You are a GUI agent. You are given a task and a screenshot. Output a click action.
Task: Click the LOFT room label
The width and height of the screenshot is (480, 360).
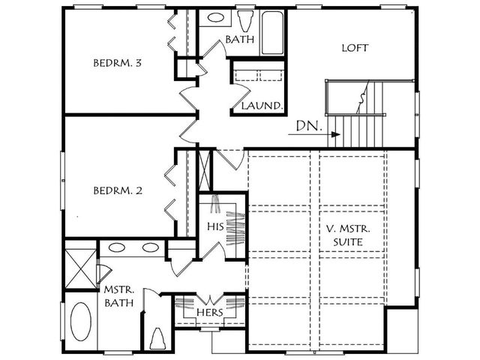pos(355,48)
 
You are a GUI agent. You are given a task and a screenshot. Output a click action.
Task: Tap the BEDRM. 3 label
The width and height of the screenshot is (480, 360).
pos(117,63)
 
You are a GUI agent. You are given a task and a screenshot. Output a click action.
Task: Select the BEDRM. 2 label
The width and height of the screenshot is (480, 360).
pos(118,190)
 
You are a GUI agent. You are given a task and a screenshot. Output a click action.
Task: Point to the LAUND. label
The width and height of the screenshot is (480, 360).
pos(261,106)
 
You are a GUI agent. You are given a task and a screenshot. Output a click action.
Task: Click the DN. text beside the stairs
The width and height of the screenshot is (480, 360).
pos(309,126)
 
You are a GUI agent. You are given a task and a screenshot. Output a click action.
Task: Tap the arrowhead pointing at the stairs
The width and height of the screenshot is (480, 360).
pos(337,134)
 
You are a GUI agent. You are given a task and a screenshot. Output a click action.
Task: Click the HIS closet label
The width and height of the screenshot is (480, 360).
pos(215,226)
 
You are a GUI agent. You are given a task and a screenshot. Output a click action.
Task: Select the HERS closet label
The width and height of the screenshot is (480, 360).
pos(210,313)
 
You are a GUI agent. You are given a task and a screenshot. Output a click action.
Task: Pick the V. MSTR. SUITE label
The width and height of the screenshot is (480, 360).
pos(348,235)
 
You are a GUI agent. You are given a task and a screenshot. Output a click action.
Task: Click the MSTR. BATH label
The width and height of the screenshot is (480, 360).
pos(119,296)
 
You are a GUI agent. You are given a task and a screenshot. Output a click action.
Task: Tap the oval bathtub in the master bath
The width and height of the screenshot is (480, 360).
pos(81,322)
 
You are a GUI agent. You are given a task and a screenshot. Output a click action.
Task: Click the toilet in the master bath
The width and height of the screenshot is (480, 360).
pos(158,338)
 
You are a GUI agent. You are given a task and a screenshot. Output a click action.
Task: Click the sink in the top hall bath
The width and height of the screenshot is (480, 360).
pos(216,17)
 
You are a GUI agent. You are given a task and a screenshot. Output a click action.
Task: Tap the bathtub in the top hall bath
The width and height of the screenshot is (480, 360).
pos(272,33)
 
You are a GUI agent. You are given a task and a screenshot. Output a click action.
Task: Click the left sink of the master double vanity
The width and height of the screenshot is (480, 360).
pos(117,247)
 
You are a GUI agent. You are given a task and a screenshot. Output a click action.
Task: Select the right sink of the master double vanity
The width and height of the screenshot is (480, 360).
pos(151,247)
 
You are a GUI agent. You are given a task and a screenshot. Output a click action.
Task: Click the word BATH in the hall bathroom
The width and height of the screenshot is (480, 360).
pos(240,39)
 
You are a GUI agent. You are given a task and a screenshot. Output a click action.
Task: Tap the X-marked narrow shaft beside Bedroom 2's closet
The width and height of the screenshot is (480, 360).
pos(205,170)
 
